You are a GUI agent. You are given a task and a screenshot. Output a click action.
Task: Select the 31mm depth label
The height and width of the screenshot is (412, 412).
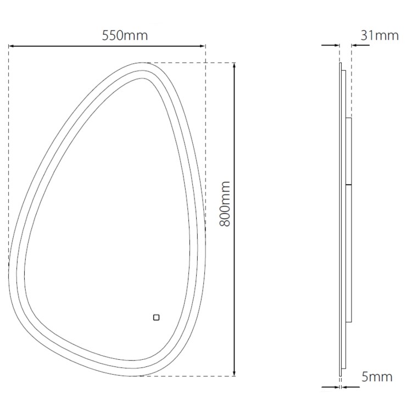pyautogui.click(x=379, y=36)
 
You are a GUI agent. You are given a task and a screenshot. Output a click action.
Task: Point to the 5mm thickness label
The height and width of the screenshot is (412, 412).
pyautogui.click(x=377, y=376)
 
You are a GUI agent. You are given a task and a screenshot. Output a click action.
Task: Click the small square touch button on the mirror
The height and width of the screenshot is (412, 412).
pyautogui.click(x=156, y=317)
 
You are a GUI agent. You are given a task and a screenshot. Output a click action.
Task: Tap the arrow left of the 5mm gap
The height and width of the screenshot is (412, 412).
pyautogui.click(x=336, y=387)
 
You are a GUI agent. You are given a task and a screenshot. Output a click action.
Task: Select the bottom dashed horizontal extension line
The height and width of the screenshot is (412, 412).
pyautogui.click(x=187, y=376)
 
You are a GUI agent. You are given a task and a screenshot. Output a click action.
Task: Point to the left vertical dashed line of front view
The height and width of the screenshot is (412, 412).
pyautogui.click(x=9, y=154)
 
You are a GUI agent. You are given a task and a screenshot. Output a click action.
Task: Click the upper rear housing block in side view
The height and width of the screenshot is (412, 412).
pyautogui.click(x=348, y=151)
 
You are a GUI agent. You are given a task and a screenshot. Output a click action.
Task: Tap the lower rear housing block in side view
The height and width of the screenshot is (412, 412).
pyautogui.click(x=348, y=253)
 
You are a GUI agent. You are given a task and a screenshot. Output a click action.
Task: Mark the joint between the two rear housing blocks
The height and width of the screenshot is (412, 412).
pyautogui.click(x=348, y=184)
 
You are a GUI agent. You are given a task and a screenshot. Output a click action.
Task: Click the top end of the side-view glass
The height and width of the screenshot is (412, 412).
pyautogui.click(x=341, y=64)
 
